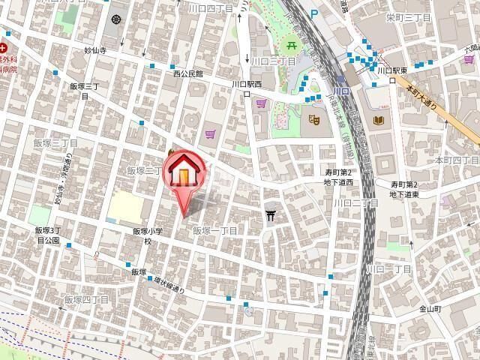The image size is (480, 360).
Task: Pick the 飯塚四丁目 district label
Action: (x=91, y=299)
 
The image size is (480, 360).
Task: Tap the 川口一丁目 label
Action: (x=388, y=268)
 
